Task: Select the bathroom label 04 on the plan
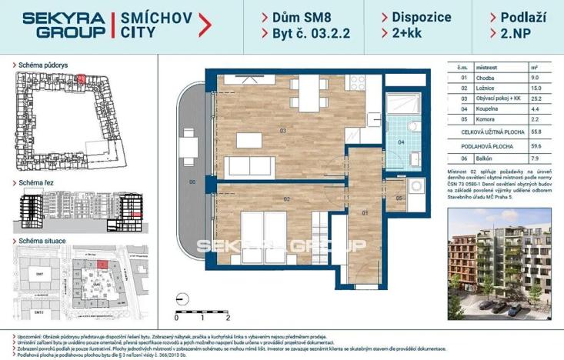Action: (399, 142)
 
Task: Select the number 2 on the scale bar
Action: (229, 317)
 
